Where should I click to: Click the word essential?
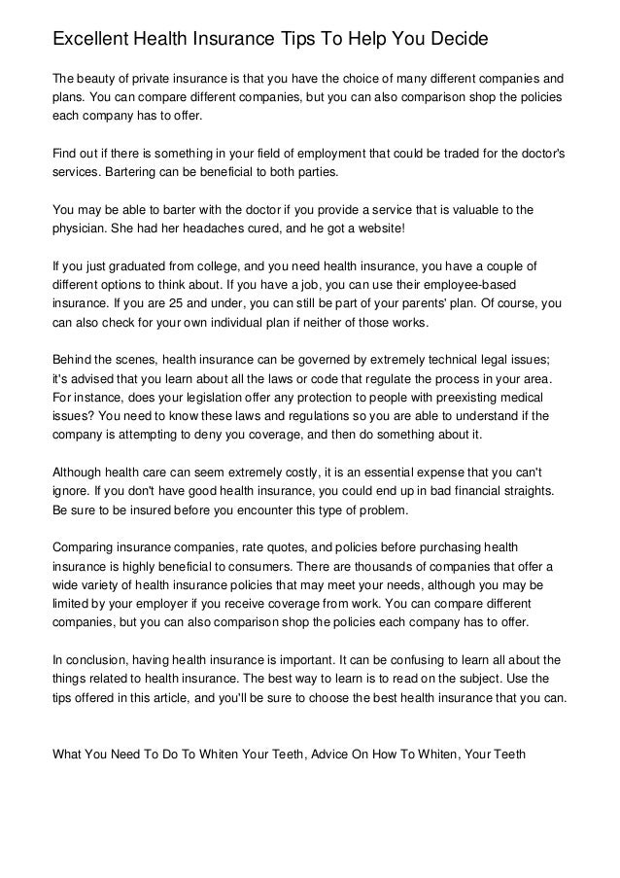[x=374, y=471]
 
